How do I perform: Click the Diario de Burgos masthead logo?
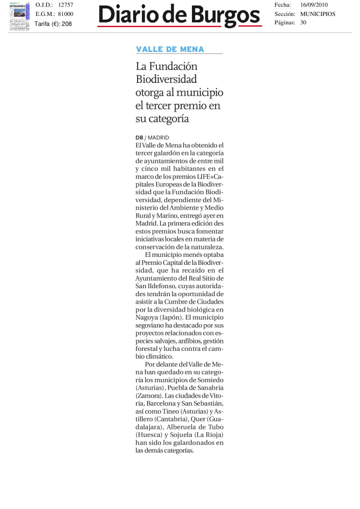coord(179,17)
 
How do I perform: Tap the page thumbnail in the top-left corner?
coord(19,17)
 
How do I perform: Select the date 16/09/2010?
coord(315,5)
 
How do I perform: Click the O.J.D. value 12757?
coord(66,5)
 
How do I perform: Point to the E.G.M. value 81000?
coord(66,14)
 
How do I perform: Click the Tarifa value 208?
coord(66,24)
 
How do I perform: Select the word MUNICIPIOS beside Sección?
coord(318,14)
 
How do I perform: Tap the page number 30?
coord(303,22)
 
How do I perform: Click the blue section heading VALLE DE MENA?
coord(170,50)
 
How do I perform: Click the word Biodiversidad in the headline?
coord(166,80)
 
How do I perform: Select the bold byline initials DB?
coord(139,138)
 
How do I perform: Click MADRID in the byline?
coord(158,138)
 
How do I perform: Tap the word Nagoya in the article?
coord(147,317)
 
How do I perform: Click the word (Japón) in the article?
coord(173,317)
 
